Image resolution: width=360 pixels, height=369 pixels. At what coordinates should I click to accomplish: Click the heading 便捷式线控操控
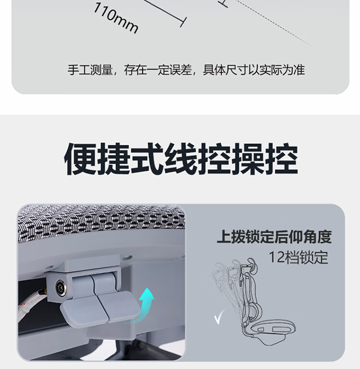[181, 159]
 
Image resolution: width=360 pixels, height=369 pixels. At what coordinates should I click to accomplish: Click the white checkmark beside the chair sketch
[219, 317]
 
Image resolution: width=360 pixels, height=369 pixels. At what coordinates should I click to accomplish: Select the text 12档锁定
[298, 257]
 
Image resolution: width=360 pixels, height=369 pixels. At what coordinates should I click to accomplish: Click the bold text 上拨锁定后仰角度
[274, 237]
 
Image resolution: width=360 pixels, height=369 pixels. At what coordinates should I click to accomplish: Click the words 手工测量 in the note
[90, 70]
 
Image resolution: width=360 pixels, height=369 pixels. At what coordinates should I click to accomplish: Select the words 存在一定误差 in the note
[158, 70]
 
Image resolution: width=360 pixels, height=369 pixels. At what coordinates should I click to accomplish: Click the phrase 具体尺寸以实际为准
[254, 70]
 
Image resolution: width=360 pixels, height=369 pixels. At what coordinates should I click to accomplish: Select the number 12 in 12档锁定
[276, 257]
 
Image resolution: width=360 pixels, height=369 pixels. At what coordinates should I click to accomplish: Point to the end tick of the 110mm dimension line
[183, 22]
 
